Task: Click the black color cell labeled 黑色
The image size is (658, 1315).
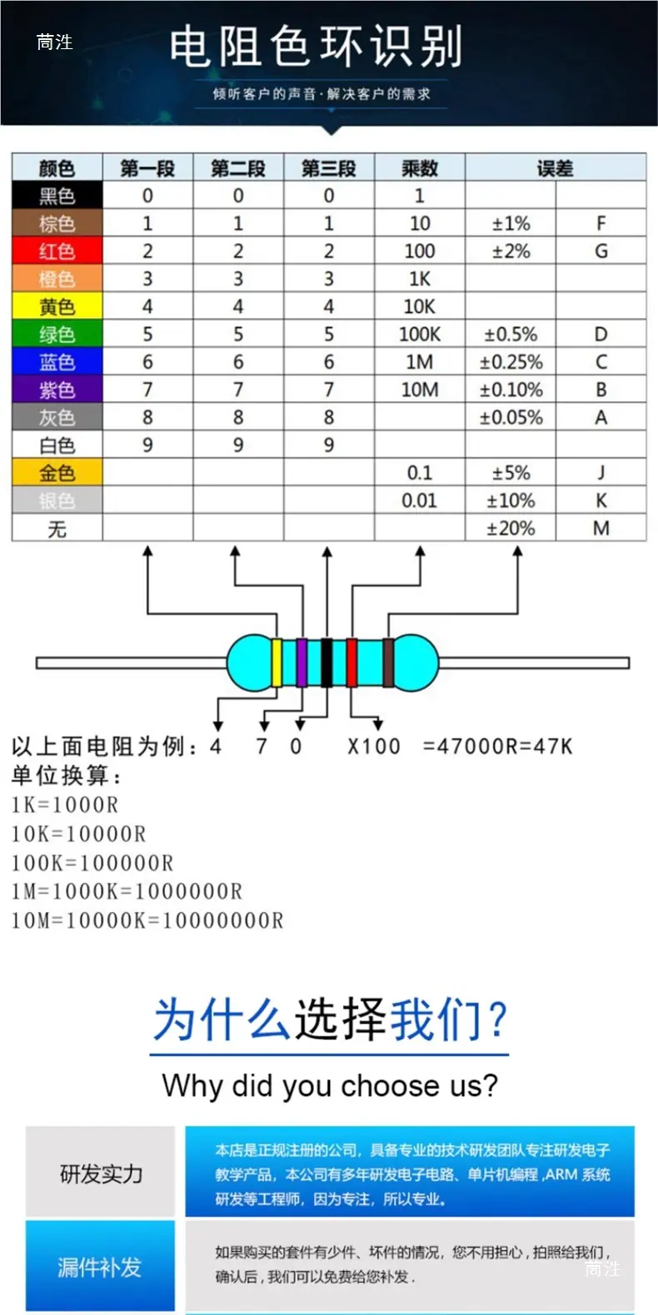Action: pyautogui.click(x=57, y=195)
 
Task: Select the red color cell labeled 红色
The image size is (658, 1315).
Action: pyautogui.click(x=57, y=251)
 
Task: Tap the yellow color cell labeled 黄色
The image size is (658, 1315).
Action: pyautogui.click(x=57, y=305)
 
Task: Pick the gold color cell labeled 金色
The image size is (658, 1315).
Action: pyautogui.click(x=57, y=473)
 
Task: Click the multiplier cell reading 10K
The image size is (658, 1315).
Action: pyautogui.click(x=420, y=305)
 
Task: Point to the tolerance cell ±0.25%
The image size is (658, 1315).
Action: pyautogui.click(x=511, y=361)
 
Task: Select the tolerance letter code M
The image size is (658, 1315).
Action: pyautogui.click(x=601, y=528)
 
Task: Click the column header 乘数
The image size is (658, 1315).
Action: pyautogui.click(x=420, y=168)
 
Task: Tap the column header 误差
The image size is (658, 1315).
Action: pyautogui.click(x=556, y=168)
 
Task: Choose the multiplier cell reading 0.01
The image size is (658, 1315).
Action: pyautogui.click(x=420, y=500)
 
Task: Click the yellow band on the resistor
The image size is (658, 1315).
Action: pyautogui.click(x=277, y=662)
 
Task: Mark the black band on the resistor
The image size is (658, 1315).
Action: pyautogui.click(x=327, y=662)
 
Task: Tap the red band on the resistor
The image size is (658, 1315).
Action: pyautogui.click(x=352, y=662)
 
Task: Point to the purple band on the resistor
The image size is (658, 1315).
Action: pyautogui.click(x=302, y=662)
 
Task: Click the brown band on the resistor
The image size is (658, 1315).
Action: pyautogui.click(x=388, y=662)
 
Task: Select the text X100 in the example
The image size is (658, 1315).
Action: pyautogui.click(x=374, y=747)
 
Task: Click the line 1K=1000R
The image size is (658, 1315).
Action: pyautogui.click(x=65, y=804)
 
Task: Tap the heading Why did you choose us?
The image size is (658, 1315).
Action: pyautogui.click(x=330, y=1085)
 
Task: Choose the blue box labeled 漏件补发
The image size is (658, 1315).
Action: pyautogui.click(x=100, y=1266)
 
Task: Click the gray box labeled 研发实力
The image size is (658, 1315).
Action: pyautogui.click(x=100, y=1172)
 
